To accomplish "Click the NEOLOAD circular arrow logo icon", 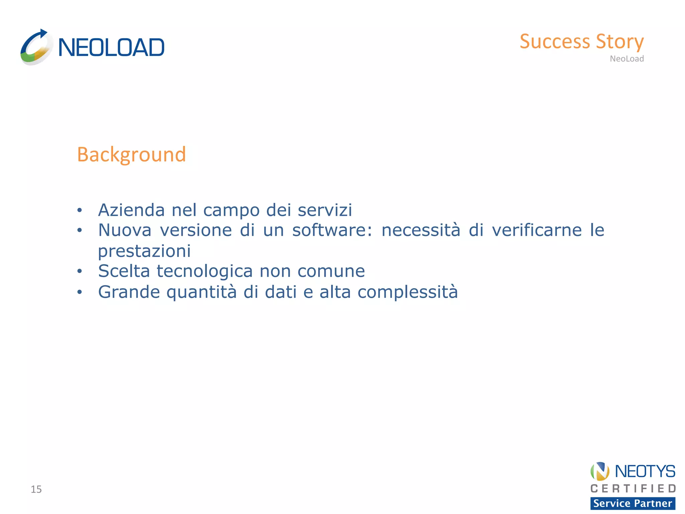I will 36,47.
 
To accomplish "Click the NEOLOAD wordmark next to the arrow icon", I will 111,48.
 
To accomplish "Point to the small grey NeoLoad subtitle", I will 626,59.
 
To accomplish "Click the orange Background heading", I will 131,155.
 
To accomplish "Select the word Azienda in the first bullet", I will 131,210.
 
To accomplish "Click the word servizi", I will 325,210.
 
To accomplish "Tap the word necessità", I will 421,230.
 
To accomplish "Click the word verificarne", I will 537,230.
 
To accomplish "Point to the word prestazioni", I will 144,251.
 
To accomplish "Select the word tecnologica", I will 205,271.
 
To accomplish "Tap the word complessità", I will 407,292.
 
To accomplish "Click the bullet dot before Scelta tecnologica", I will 79,271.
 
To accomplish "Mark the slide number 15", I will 36,489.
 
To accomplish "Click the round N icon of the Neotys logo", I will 600,471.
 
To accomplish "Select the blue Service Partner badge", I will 632,503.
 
